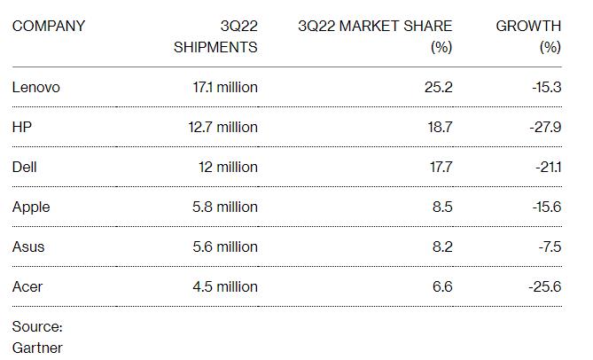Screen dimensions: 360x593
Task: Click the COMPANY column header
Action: pyautogui.click(x=49, y=26)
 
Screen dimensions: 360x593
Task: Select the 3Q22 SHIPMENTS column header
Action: pyautogui.click(x=215, y=36)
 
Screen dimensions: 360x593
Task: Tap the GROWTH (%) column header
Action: pyautogui.click(x=528, y=36)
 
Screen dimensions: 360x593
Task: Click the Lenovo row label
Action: pyautogui.click(x=36, y=87)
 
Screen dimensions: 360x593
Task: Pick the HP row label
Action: pyautogui.click(x=22, y=127)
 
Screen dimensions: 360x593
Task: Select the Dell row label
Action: pyautogui.click(x=25, y=167)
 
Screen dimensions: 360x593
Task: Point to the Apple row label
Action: pyautogui.click(x=31, y=207)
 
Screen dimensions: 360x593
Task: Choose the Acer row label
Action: pyautogui.click(x=27, y=286)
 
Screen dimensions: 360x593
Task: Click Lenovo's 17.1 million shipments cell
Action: pyautogui.click(x=218, y=87)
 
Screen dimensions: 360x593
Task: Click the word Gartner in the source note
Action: pyautogui.click(x=37, y=347)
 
